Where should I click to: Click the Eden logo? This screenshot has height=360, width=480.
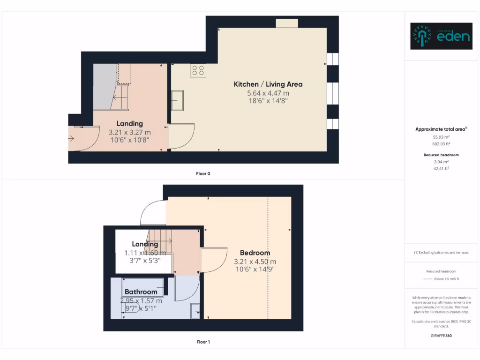click(x=441, y=36)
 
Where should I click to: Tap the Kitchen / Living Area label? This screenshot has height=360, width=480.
click(x=268, y=84)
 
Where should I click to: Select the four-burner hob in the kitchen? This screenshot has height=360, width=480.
click(x=198, y=70)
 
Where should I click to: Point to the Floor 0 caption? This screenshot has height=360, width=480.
click(x=203, y=173)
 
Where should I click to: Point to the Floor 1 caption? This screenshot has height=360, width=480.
click(x=203, y=342)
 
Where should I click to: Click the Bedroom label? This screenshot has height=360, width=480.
click(x=255, y=253)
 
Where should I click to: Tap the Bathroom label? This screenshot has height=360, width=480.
click(x=141, y=292)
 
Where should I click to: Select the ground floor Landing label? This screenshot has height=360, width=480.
click(x=129, y=124)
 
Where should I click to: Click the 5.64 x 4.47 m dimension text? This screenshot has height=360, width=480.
click(x=268, y=93)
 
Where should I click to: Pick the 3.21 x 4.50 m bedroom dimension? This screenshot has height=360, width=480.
click(x=255, y=262)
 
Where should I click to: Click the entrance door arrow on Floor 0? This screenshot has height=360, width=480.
click(x=71, y=138)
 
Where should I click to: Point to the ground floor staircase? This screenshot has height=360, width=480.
click(x=120, y=97)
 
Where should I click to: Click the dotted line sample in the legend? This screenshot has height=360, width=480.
click(x=427, y=279)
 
